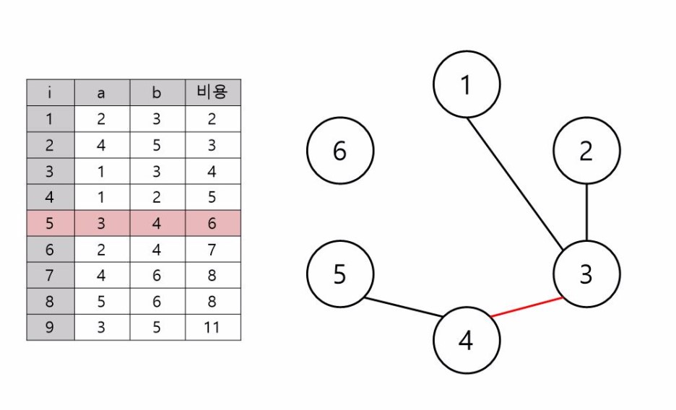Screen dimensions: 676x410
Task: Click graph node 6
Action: coord(340,151)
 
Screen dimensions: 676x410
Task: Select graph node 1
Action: coord(467,85)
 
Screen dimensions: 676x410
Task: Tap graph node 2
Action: coord(586,151)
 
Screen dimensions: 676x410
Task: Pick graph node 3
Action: coord(586,274)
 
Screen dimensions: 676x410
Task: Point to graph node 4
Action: coord(467,340)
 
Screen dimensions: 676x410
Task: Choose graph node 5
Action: coord(340,274)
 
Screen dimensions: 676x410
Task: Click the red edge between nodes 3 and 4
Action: coord(526,307)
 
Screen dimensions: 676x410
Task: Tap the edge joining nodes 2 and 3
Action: coord(586,213)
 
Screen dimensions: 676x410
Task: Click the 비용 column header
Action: coord(212,92)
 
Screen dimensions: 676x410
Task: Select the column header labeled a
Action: coord(102,92)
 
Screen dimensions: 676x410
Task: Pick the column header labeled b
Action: coord(157,92)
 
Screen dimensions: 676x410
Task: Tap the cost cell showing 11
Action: coord(212,327)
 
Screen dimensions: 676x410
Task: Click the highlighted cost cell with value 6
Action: coord(212,223)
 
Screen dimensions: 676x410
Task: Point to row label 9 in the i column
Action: coord(50,327)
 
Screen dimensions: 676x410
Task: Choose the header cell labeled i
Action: coord(50,92)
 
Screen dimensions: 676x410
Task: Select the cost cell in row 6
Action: coord(212,249)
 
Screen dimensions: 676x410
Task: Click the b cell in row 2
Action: coord(157,145)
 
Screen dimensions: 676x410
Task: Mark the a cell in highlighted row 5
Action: coord(102,223)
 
